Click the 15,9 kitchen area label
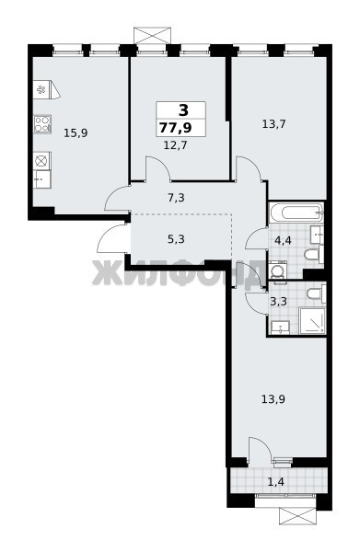tap(75, 133)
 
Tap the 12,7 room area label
tap(176, 144)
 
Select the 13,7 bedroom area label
tap(273, 124)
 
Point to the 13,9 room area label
tap(273, 399)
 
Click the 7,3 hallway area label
tap(176, 198)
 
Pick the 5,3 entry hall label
tap(176, 239)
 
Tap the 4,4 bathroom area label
tap(283, 241)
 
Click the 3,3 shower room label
tap(278, 302)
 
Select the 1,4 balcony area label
tap(276, 481)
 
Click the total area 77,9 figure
tap(176, 128)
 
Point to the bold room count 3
tap(184, 110)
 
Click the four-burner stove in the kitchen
tap(42, 124)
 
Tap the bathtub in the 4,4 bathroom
tap(296, 213)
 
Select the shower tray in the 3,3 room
tap(312, 320)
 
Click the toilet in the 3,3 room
tap(316, 293)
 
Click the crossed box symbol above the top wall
tap(152, 35)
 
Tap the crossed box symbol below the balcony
tap(297, 516)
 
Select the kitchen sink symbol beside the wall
tap(42, 178)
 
